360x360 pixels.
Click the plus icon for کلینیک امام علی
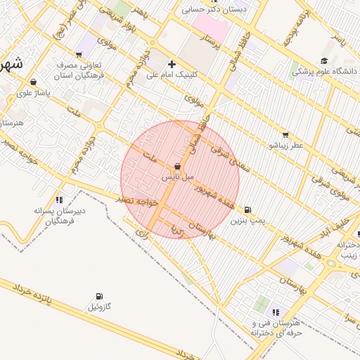pos(172,64)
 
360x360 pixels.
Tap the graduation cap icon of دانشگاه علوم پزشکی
pos(323,60)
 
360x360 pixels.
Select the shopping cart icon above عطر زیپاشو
pos(285,134)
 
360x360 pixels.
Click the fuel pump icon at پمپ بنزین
pos(247,210)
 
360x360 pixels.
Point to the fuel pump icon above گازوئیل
pos(98,296)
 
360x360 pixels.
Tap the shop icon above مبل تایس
pos(176,167)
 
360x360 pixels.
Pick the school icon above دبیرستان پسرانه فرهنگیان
pos(59,199)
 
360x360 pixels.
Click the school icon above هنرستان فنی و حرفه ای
pos(275,311)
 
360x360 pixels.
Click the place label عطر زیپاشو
pos(285,146)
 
